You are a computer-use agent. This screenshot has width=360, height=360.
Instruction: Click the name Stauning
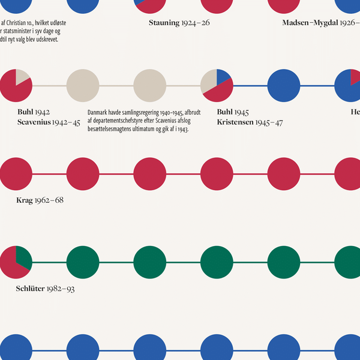point(164,23)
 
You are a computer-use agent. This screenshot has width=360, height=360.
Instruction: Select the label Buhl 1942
point(34,112)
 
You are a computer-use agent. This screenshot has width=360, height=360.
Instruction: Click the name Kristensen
point(236,122)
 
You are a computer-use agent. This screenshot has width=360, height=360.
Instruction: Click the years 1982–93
point(64,289)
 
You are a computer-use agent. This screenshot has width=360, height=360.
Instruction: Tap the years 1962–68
point(50,200)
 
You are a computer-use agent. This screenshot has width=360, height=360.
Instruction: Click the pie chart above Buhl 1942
point(16,86)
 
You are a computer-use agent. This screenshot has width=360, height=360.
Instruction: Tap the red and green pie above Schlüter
point(16,263)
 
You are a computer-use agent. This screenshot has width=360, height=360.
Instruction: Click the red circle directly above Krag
point(16,174)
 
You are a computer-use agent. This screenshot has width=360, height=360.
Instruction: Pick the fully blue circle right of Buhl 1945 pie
point(283,86)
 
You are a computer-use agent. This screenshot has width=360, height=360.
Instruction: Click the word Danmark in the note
point(98,112)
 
